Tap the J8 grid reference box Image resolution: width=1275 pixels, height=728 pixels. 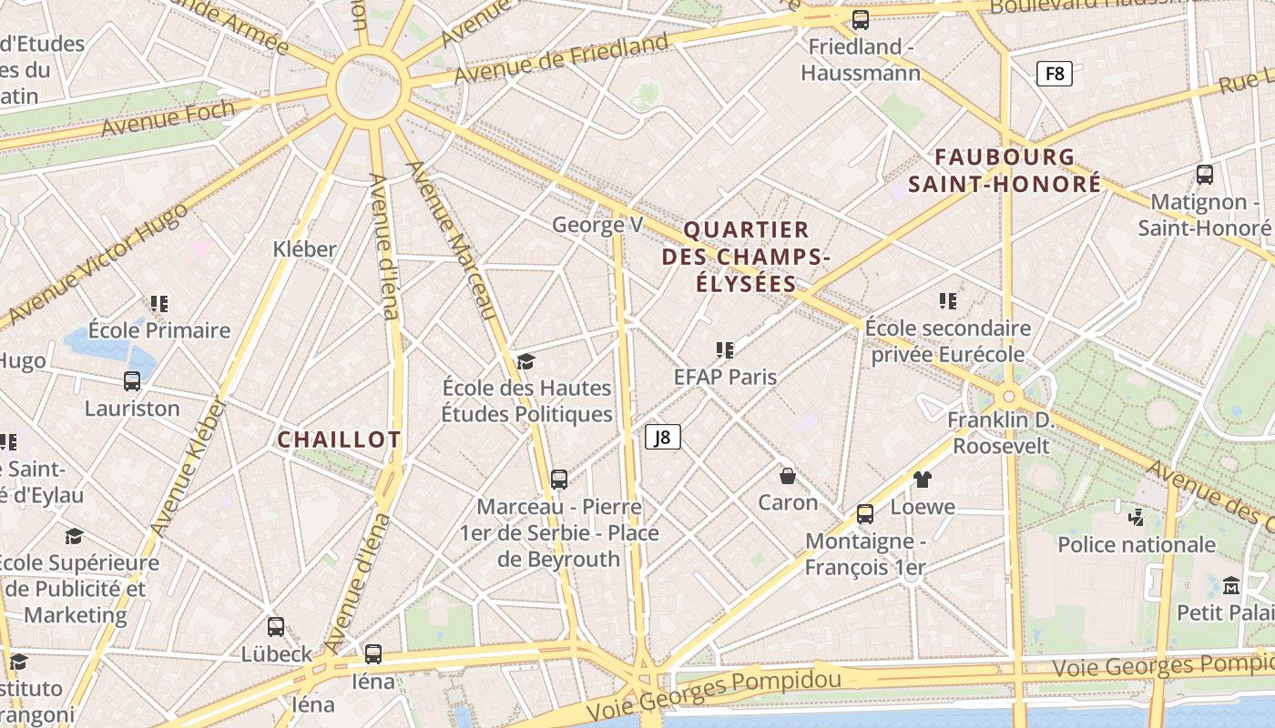[663, 437]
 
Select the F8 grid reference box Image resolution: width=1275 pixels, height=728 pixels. [1054, 73]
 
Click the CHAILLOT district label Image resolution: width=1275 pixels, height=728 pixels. [339, 440]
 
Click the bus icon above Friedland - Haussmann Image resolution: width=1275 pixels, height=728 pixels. [860, 19]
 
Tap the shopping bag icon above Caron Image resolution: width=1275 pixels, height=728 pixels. [788, 475]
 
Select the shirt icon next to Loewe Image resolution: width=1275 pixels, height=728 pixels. [923, 480]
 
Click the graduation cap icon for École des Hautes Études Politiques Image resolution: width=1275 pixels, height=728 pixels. [525, 362]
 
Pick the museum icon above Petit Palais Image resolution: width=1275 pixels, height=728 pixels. [1231, 585]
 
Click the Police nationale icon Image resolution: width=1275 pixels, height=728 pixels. [1136, 518]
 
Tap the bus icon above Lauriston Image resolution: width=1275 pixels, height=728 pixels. [132, 381]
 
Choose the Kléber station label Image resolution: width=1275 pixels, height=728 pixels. [304, 248]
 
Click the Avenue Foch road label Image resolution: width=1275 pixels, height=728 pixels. [168, 118]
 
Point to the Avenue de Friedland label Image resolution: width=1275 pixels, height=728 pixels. [561, 57]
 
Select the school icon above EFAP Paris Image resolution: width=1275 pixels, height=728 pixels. [725, 349]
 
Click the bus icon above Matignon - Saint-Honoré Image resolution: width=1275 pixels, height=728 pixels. [1204, 174]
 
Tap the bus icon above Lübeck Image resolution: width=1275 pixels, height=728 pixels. [276, 626]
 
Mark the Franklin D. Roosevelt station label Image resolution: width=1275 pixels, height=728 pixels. [1000, 433]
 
